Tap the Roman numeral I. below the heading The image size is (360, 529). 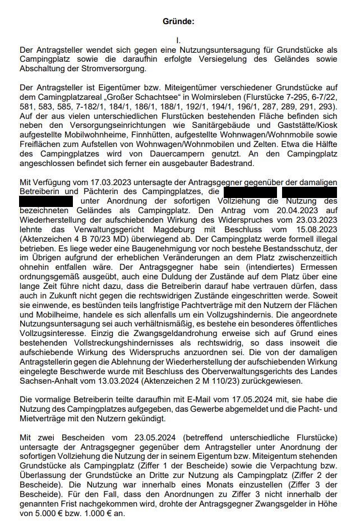pyautogui.click(x=178, y=40)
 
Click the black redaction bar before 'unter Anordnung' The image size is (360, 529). pyautogui.click(x=46, y=201)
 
